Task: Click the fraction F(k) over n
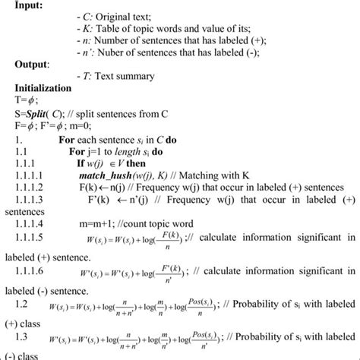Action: point(173,239)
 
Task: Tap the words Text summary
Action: point(125,76)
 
